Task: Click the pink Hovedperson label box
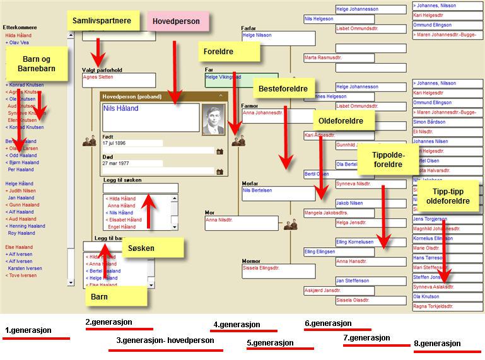coord(177,21)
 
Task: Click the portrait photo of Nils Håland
coord(213,119)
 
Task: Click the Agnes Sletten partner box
coord(119,80)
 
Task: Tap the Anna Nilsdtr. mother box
coord(241,223)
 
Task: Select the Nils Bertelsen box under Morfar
coord(278,193)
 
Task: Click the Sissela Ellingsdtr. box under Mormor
coord(278,271)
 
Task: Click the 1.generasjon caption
coord(28,330)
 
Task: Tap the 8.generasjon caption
coord(438,344)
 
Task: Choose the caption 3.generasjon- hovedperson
coord(165,340)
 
